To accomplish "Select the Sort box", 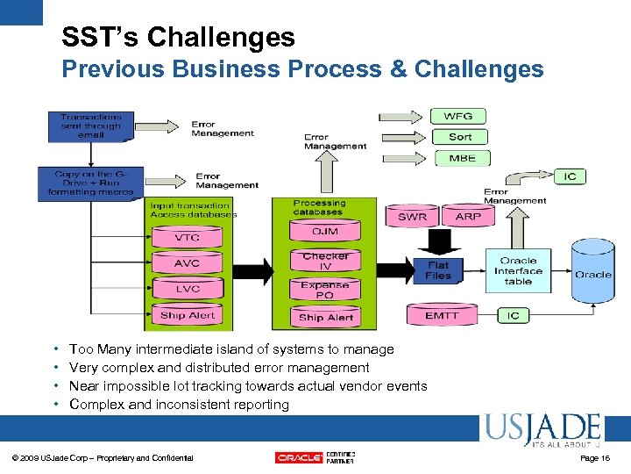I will (460, 137).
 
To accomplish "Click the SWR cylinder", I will (413, 216).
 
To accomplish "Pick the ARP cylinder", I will (469, 216).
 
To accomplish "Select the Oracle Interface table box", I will (518, 271).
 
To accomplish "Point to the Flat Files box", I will (438, 269).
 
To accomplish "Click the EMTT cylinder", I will (442, 314).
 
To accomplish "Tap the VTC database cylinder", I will (187, 237).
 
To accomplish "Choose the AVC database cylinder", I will (187, 262).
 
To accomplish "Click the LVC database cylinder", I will (187, 288).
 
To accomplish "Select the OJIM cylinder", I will (325, 231).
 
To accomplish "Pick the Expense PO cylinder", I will (325, 290).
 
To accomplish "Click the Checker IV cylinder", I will (325, 261).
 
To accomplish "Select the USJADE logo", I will (541, 430).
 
